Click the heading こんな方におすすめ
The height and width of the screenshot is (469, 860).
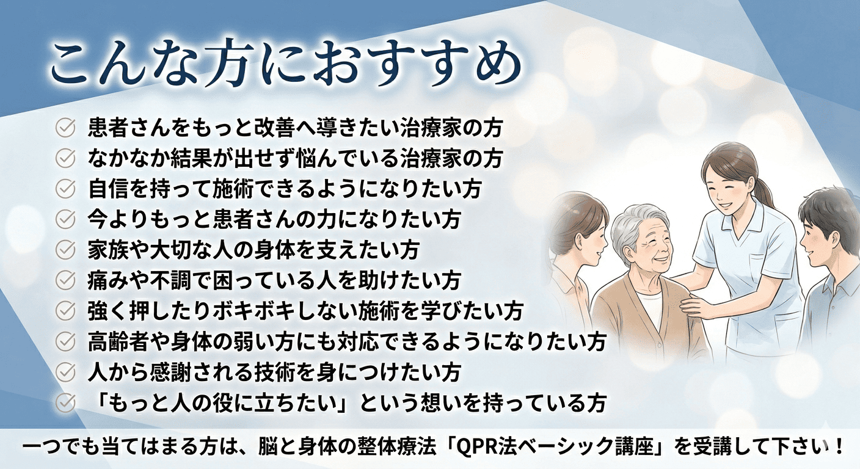pyautogui.click(x=286, y=66)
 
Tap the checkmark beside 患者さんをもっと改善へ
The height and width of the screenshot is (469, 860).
pyautogui.click(x=65, y=127)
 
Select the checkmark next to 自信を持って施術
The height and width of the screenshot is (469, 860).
pyautogui.click(x=65, y=189)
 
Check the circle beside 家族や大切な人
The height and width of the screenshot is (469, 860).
pyautogui.click(x=65, y=250)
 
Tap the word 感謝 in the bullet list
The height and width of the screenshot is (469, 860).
pyautogui.click(x=171, y=372)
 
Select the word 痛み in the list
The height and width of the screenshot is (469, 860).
pyautogui.click(x=108, y=280)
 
